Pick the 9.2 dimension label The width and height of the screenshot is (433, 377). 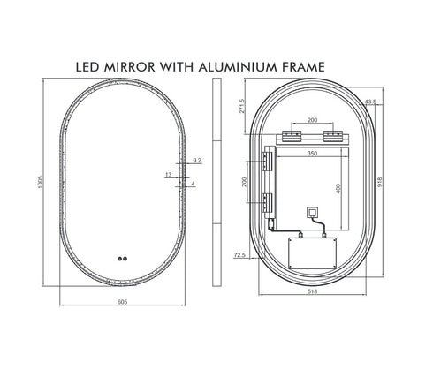[x=196, y=161]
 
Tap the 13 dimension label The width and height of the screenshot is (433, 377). [x=168, y=175]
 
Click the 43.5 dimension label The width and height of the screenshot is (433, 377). [x=369, y=102]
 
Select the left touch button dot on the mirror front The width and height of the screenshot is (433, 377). [x=118, y=260]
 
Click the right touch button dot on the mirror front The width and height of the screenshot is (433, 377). [x=126, y=260]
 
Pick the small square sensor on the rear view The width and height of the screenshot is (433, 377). [x=311, y=213]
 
